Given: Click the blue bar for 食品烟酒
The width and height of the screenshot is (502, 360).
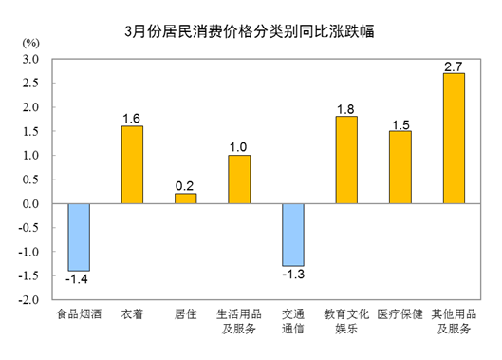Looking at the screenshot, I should coord(79,237).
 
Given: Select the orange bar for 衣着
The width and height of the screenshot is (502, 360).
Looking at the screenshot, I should coord(132,165).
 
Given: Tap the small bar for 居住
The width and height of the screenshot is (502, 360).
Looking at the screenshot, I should coord(185,199).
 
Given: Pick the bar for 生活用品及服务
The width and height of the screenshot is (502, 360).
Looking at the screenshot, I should coord(239,180).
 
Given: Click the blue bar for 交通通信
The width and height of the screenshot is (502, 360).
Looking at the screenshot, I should coord(293,235).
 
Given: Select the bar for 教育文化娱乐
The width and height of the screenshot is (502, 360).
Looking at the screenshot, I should coord(346,160).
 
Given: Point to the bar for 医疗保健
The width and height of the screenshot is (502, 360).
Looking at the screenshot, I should coord(400,167).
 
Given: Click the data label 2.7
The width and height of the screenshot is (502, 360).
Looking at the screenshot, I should coord(454,66).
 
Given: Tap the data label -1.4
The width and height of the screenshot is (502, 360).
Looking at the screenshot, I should coord(78,280).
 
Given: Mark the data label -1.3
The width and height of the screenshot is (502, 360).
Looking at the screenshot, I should coord(293,275).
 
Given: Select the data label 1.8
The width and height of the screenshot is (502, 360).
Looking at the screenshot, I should coord(346,108).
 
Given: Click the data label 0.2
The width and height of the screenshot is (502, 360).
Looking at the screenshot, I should coord(185,185).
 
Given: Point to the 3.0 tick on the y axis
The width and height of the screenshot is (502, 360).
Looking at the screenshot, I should coord(29,59).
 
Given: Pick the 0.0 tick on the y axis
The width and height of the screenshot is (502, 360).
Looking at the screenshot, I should coord(29,203).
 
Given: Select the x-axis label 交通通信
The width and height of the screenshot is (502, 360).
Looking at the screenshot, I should coord(293,321).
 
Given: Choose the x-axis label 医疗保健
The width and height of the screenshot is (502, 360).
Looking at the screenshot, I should coord(400,313).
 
